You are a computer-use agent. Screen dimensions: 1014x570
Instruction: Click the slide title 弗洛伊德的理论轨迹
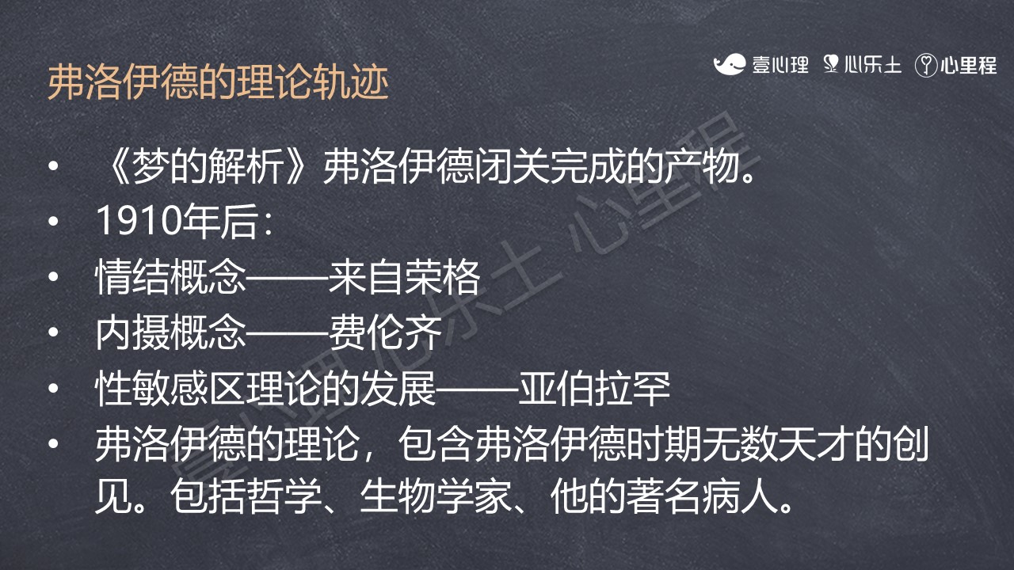(x=218, y=82)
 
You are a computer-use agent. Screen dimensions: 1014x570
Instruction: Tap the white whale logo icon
(x=730, y=64)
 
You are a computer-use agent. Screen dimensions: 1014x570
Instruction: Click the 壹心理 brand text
(x=780, y=65)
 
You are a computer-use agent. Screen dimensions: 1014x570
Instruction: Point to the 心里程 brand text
(x=969, y=65)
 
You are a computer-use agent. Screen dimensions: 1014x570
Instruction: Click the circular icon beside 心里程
(x=926, y=66)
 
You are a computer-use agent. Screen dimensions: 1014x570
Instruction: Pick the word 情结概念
(x=170, y=276)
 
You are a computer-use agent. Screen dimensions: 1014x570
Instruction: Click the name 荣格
(x=442, y=276)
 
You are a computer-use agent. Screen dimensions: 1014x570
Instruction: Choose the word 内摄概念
(x=170, y=332)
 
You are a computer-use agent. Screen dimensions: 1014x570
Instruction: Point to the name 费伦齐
(x=385, y=332)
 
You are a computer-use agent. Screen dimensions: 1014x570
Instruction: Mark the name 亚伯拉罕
(x=594, y=388)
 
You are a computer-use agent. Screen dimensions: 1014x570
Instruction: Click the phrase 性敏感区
(x=170, y=388)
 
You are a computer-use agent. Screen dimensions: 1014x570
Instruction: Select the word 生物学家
(x=436, y=496)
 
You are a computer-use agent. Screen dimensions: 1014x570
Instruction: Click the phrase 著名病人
(x=702, y=496)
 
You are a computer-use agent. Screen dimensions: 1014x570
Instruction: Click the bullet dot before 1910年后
(x=53, y=222)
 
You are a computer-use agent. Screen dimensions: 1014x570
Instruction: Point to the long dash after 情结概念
(x=288, y=277)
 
